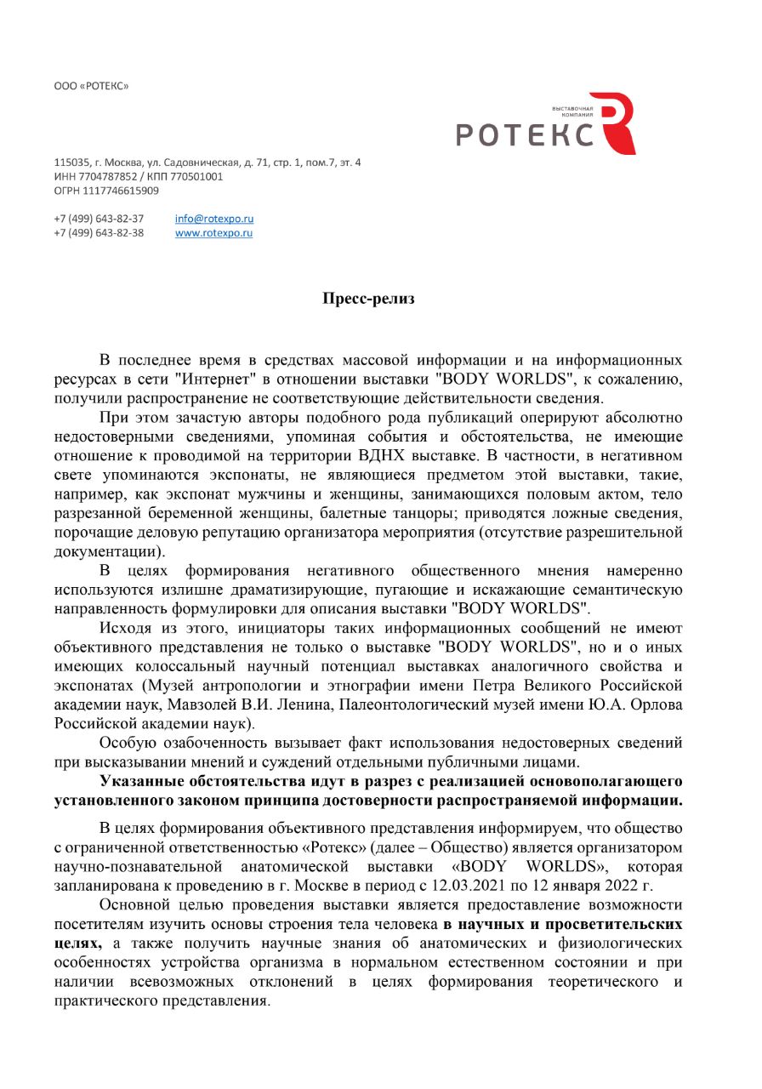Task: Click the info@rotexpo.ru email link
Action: click(214, 219)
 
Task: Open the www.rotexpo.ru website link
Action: click(213, 233)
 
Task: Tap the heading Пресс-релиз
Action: click(368, 299)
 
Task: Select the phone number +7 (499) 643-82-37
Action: click(99, 219)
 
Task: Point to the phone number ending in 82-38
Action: click(99, 233)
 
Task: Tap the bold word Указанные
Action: click(141, 782)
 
